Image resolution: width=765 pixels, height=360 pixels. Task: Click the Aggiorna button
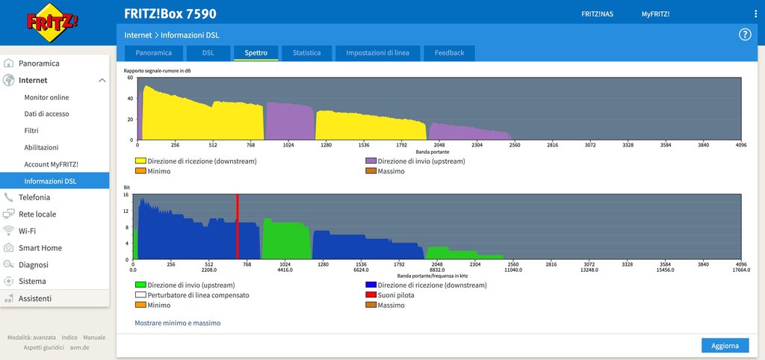(725, 345)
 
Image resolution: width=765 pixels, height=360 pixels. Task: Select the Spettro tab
(256, 53)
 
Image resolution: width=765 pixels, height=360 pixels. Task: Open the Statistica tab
(307, 53)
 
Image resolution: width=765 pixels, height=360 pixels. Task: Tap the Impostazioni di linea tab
(377, 53)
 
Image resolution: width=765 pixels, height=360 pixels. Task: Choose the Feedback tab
(449, 53)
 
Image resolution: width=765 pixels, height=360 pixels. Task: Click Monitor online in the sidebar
(46, 97)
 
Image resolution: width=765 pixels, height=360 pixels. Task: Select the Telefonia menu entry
(34, 197)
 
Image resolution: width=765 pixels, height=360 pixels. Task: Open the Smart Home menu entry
(40, 248)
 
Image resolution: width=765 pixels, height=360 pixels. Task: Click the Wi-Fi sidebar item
(28, 231)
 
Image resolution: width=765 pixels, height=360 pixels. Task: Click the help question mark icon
(745, 34)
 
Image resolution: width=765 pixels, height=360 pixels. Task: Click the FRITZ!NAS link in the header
(598, 14)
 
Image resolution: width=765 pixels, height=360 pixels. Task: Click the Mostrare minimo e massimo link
(178, 323)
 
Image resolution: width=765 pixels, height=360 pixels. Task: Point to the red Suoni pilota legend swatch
(371, 295)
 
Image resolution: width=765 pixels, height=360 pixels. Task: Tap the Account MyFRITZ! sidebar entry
(51, 164)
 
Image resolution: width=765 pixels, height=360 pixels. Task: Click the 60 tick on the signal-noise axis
(130, 78)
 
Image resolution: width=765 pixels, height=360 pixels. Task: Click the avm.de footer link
(80, 347)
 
